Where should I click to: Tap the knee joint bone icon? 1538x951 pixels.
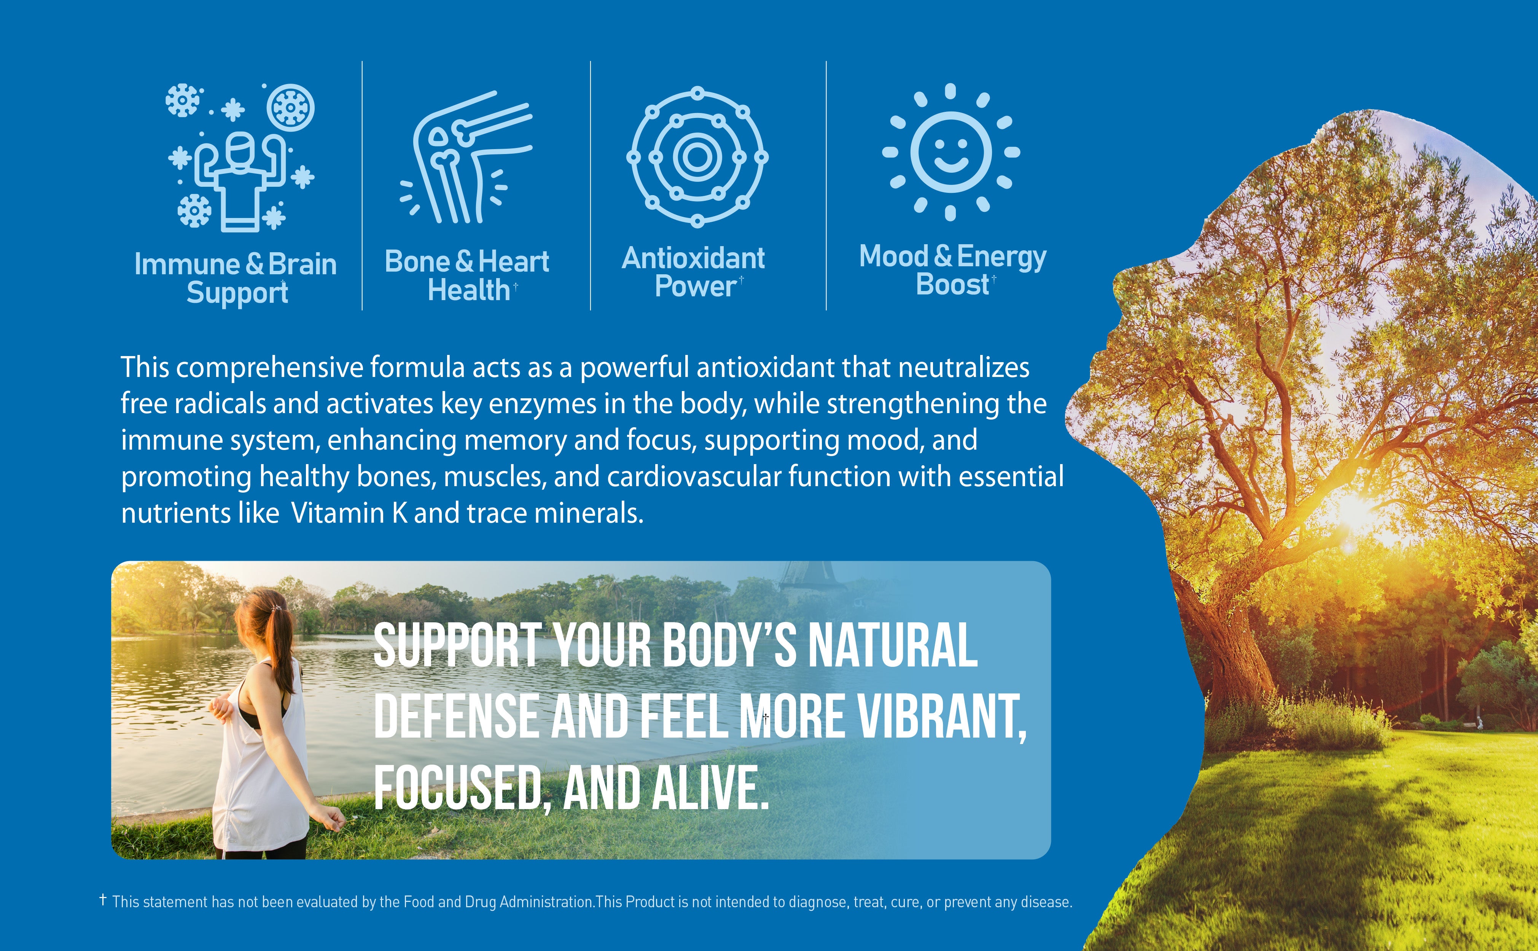pyautogui.click(x=465, y=157)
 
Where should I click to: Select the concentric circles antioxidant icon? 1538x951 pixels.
pyautogui.click(x=697, y=157)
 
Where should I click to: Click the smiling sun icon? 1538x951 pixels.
pyautogui.click(x=951, y=152)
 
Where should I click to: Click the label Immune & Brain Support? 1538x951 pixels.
pyautogui.click(x=236, y=278)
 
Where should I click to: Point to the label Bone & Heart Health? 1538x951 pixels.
pyautogui.click(x=467, y=275)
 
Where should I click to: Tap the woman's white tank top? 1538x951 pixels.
pyautogui.click(x=255, y=761)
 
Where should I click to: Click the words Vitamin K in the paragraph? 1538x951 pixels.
pyautogui.click(x=349, y=513)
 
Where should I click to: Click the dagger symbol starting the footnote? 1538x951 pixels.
pyautogui.click(x=103, y=900)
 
